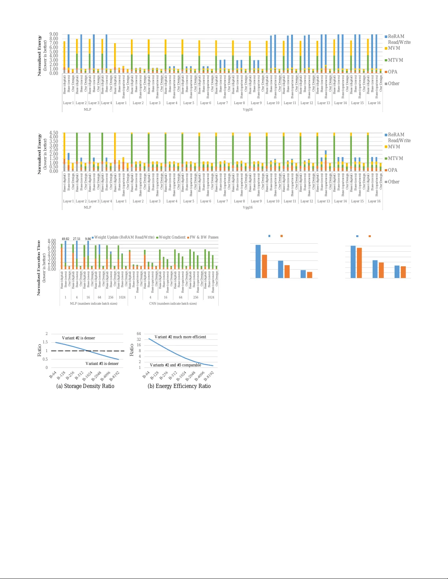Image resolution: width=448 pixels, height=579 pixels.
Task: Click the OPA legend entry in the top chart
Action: [392, 72]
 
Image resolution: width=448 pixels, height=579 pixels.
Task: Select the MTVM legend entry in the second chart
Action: [395, 159]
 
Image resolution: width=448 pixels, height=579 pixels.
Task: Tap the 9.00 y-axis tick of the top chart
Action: [54, 34]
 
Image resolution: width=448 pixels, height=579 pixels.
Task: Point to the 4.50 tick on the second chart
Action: [54, 133]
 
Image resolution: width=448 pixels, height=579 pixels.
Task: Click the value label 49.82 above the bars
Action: [65, 239]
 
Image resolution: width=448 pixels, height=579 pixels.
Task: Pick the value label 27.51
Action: [77, 239]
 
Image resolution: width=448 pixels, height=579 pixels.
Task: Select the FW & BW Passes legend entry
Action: [204, 237]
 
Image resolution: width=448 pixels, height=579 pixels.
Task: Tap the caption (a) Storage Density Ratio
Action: [85, 386]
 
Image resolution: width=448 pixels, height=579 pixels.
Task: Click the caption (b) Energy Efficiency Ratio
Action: [179, 386]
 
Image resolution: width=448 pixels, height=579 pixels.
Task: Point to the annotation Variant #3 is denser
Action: [102, 363]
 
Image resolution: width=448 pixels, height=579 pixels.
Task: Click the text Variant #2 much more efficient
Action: [180, 337]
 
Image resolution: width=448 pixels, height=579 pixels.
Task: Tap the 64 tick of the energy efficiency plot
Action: [139, 334]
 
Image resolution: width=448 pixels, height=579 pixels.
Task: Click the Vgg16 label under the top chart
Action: [248, 109]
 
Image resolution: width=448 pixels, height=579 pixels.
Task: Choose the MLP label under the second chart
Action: [87, 207]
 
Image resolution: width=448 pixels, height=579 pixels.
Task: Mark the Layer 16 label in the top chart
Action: [374, 103]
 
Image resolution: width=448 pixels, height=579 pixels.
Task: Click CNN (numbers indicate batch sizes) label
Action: [173, 304]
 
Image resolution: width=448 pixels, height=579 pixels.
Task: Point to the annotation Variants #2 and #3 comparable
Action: [176, 365]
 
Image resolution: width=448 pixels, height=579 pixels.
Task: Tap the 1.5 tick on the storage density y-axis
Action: [45, 342]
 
